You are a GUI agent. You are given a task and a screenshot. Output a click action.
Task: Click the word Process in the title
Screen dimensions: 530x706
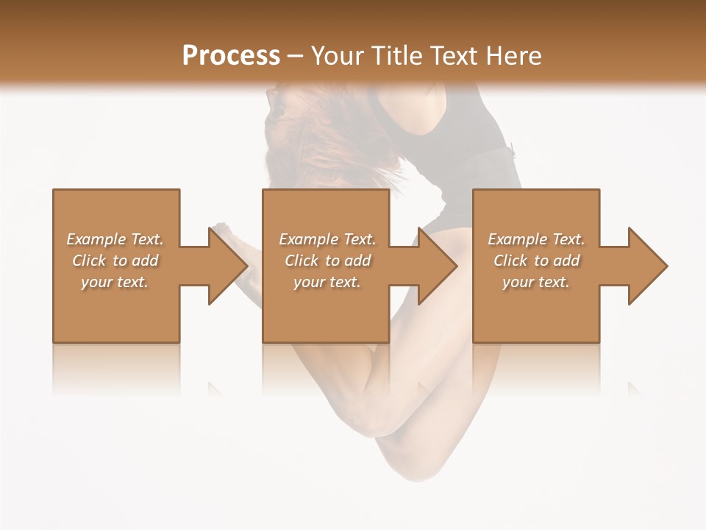tap(231, 56)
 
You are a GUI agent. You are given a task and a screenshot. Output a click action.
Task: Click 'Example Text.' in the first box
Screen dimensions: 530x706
tap(115, 239)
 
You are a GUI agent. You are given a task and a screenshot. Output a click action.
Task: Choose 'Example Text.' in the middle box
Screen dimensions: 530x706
tap(327, 239)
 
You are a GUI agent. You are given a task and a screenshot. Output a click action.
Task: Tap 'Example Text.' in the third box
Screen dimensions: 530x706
tap(536, 239)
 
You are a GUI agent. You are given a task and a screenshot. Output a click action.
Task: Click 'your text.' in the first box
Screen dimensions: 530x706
tap(115, 282)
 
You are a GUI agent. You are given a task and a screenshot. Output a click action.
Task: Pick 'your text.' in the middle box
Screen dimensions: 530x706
tap(327, 282)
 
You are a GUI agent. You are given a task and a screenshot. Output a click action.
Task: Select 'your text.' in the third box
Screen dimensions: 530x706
tap(536, 282)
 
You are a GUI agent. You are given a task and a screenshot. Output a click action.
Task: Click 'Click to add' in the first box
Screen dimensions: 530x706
tap(115, 261)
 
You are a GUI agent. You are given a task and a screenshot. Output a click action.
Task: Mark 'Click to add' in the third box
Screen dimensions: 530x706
tap(536, 261)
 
